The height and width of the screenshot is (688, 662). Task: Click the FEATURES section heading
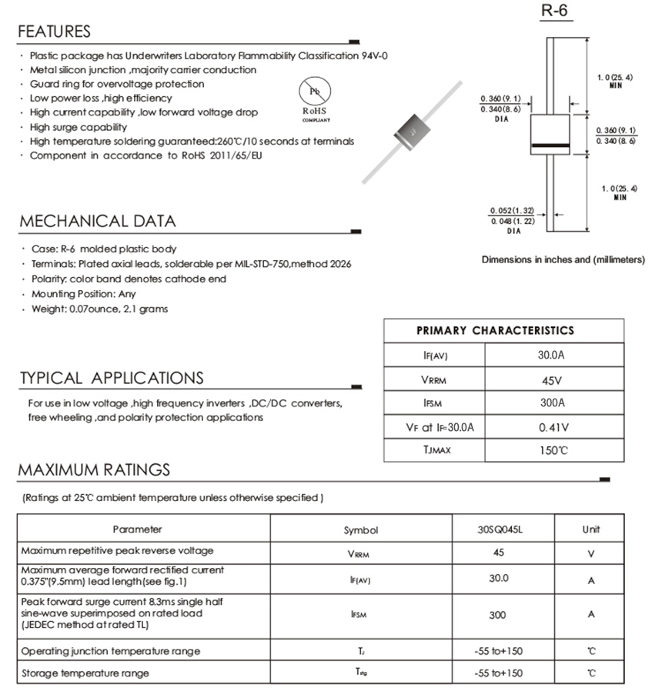point(54,32)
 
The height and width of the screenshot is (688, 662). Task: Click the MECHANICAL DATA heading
point(97,222)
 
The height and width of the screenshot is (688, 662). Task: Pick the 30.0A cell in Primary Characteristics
point(551,356)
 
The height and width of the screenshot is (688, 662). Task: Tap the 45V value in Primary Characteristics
point(551,379)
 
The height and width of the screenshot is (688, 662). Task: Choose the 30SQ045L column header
point(498,529)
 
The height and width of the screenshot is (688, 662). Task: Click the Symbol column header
point(361,530)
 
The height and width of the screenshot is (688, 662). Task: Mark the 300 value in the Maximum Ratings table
point(497,615)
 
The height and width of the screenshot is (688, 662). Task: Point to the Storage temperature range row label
point(85,673)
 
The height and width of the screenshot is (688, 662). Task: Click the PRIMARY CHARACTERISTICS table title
point(495,331)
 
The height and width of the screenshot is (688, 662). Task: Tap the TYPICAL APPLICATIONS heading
point(112,378)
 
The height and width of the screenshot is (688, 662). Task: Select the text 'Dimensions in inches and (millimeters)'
point(563,259)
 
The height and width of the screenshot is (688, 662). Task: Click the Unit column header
point(591,529)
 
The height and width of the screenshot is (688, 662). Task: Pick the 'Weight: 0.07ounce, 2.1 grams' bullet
point(100,309)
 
